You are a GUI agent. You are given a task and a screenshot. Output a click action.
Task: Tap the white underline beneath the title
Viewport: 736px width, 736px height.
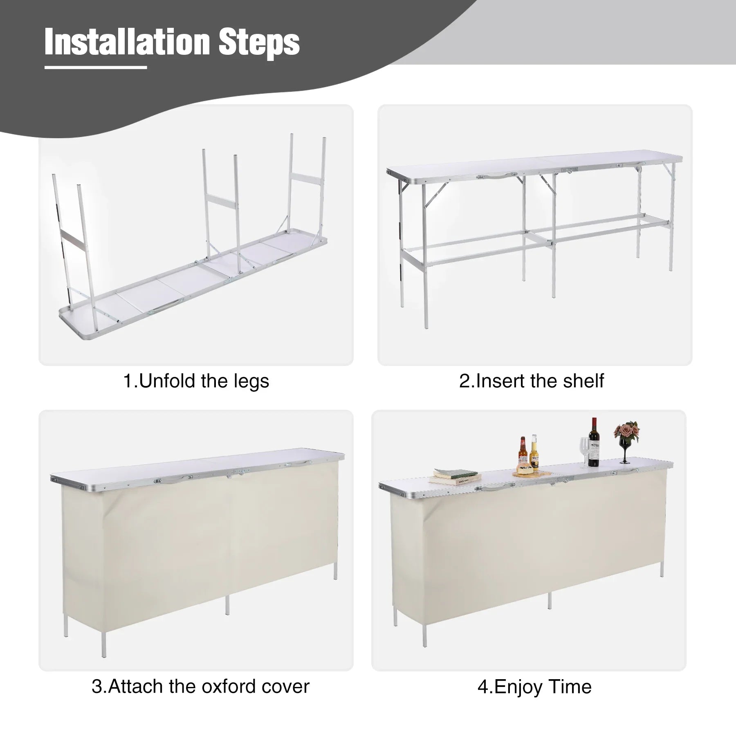coord(95,67)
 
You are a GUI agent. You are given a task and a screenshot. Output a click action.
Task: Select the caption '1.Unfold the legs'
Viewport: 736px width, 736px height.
coord(196,381)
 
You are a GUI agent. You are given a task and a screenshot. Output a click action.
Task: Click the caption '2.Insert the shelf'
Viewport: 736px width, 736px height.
coord(532,381)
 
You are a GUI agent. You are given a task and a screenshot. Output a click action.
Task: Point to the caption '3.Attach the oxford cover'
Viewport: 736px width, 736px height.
coord(200,686)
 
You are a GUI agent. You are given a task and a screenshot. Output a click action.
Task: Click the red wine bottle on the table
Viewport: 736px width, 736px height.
coord(593,442)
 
